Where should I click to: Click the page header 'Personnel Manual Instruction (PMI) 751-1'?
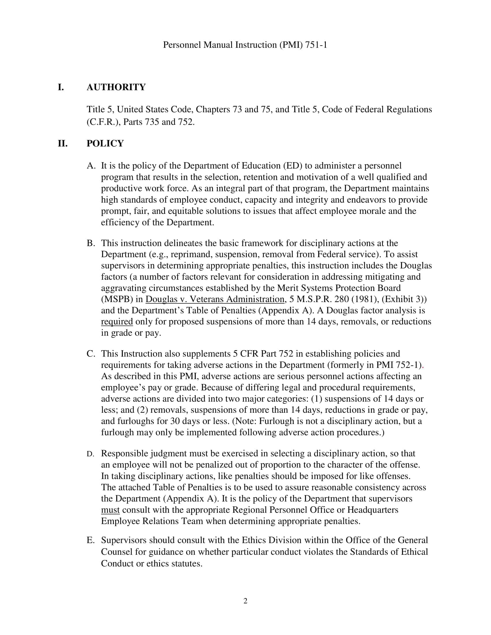[245, 45]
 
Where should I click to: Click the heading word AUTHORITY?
[116, 87]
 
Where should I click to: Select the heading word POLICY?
[105, 143]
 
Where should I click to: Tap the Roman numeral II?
[63, 143]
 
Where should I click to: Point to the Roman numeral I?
[60, 87]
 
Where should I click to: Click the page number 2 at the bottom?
[245, 601]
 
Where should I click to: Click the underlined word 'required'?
[117, 322]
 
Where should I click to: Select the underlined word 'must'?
[110, 510]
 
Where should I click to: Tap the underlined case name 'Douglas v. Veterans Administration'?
[215, 299]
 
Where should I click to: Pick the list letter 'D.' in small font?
[90, 454]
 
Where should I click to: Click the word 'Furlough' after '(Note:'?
[276, 421]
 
